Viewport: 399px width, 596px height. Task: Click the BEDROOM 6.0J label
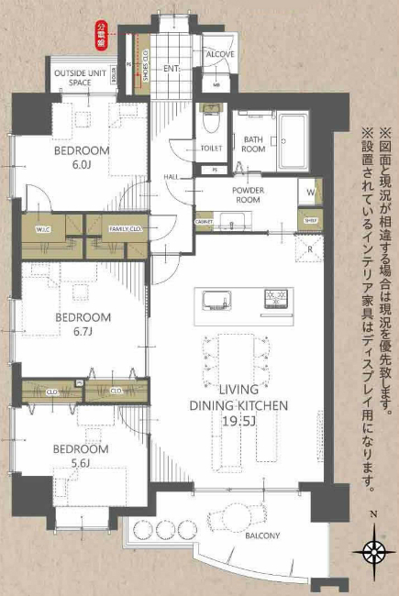click(x=81, y=157)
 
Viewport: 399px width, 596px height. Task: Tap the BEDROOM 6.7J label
click(x=83, y=325)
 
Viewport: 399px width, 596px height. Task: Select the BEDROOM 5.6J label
click(x=80, y=457)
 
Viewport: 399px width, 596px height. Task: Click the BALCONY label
click(x=261, y=535)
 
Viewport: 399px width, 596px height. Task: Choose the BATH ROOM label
click(x=253, y=144)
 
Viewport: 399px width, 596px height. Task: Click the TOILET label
click(x=210, y=148)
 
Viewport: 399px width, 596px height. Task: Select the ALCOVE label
click(x=220, y=54)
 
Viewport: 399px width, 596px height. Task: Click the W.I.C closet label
click(x=42, y=229)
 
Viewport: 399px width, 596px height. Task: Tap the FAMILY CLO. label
click(x=124, y=228)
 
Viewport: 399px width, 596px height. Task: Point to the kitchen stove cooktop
click(x=276, y=299)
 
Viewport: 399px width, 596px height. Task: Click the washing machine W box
click(x=310, y=193)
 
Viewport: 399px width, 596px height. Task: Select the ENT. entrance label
click(x=172, y=69)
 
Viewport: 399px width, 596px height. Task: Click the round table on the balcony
click(x=226, y=519)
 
